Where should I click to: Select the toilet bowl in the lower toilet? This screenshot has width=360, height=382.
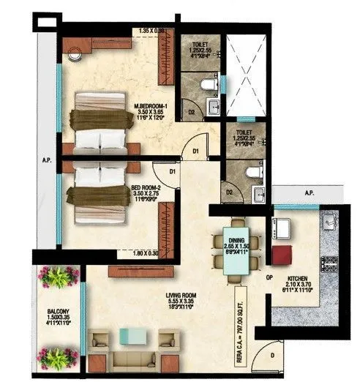click(252, 173)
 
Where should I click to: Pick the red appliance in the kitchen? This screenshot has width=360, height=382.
click(281, 255)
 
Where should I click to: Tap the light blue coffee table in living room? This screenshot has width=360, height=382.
click(132, 337)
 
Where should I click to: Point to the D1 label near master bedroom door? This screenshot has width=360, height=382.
click(195, 151)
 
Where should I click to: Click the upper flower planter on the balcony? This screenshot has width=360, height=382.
click(59, 277)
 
